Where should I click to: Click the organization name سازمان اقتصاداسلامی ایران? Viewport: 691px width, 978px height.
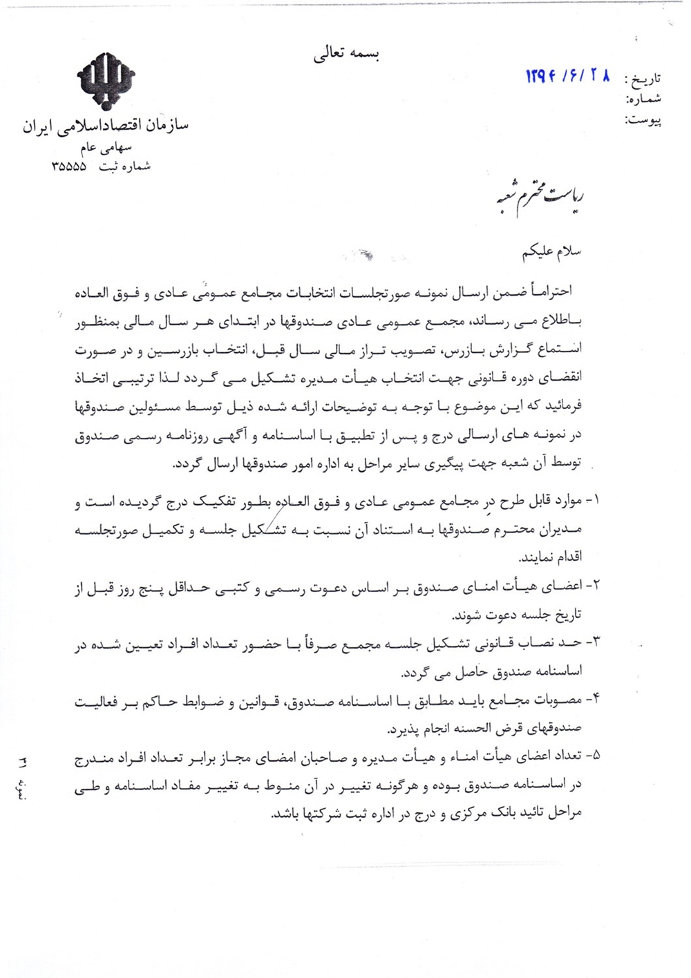point(105,127)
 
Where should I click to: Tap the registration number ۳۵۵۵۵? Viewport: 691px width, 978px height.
point(68,166)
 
